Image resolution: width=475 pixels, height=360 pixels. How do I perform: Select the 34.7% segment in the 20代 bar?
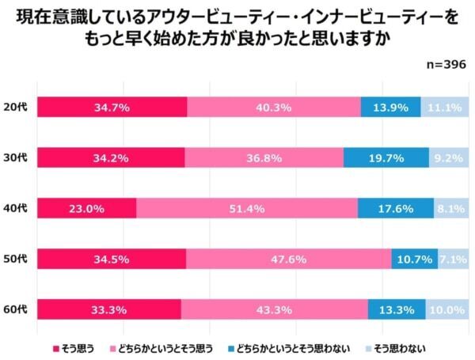[x=112, y=107]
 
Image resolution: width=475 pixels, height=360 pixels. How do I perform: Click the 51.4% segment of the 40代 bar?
[x=247, y=208]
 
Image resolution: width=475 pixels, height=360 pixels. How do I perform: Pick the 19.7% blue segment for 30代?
[x=386, y=157]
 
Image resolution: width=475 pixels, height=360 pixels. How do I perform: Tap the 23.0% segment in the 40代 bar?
[x=87, y=208]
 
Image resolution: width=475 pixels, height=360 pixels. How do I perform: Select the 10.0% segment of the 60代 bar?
[x=446, y=309]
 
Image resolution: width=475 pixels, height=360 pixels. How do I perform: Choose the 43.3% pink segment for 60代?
[x=274, y=309]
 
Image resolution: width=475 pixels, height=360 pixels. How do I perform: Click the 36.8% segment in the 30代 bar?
[x=264, y=157]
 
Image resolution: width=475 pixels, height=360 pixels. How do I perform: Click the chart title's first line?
[x=237, y=17]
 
